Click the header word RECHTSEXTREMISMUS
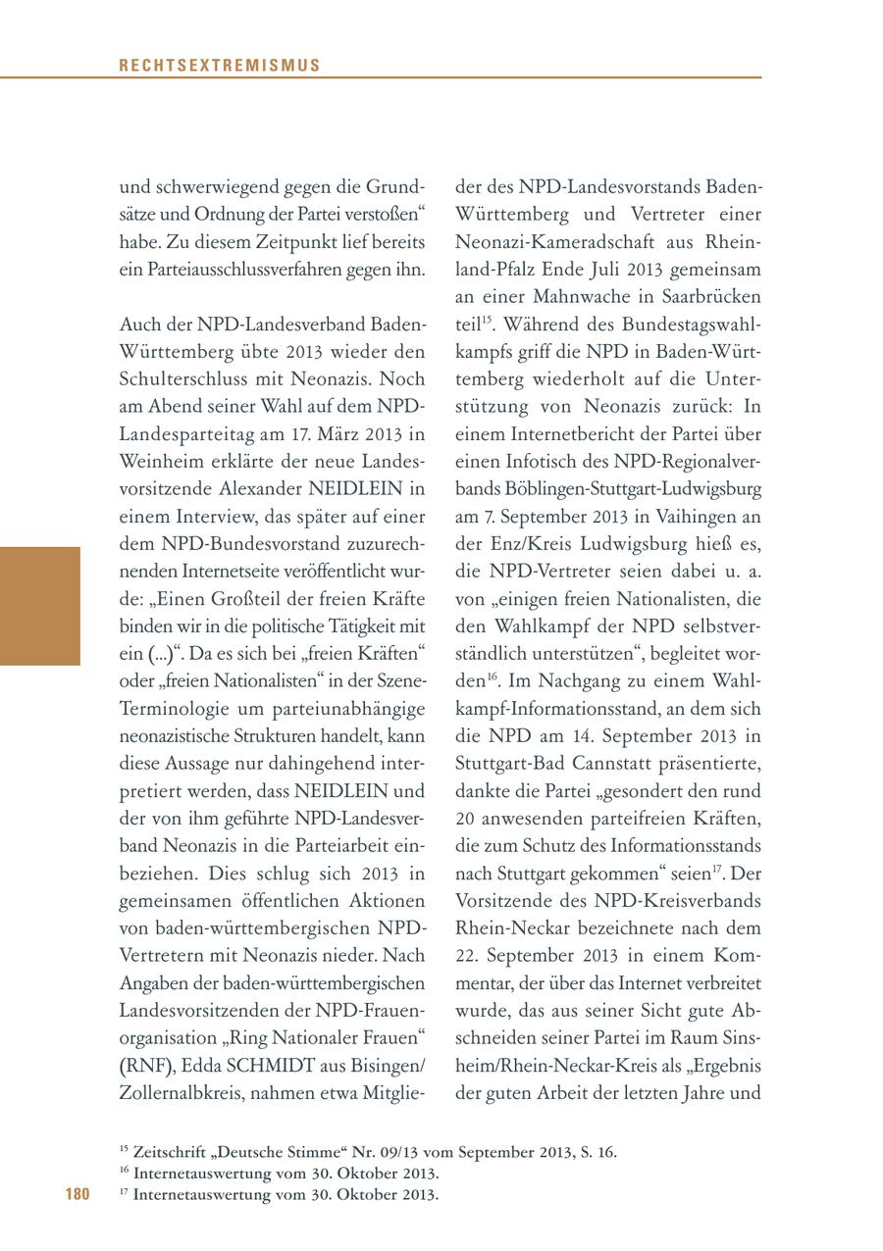(220, 66)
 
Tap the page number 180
(78, 1194)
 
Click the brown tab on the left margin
(39, 606)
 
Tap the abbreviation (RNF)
(142, 1065)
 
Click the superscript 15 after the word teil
(487, 319)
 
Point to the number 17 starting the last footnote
(124, 1192)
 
